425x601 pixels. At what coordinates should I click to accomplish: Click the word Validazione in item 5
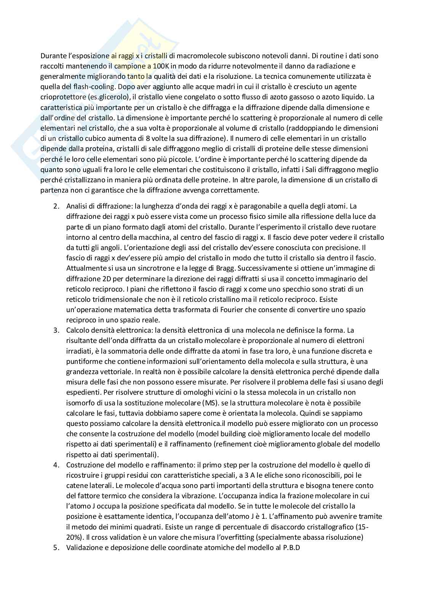[x=83, y=548]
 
